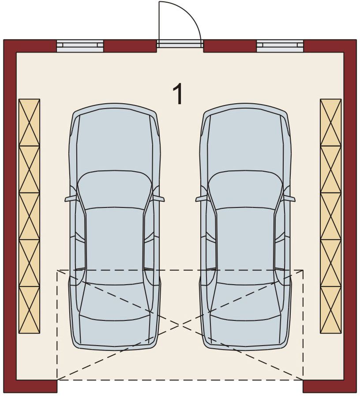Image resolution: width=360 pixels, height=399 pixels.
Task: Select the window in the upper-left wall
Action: (80, 46)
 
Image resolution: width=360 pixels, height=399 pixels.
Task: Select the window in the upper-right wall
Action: (280, 46)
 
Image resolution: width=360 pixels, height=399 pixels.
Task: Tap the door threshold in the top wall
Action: (180, 44)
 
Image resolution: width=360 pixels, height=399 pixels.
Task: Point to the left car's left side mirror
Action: (70, 199)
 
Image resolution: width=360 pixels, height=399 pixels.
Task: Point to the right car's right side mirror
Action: (289, 199)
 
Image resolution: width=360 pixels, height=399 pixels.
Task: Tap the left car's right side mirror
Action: (158, 199)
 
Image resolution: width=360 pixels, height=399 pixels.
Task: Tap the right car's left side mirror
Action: (201, 199)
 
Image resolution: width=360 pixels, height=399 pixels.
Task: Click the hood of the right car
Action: (245, 140)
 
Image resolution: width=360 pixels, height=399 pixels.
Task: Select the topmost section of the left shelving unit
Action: (30, 123)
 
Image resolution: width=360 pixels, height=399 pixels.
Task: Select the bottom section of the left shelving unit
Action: (30, 310)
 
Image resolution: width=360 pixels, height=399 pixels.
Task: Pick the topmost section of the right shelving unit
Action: (331, 123)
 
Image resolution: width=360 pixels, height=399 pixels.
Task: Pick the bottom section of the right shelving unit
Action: (331, 310)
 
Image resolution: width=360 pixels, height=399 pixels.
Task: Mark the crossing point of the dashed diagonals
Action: (180, 325)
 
